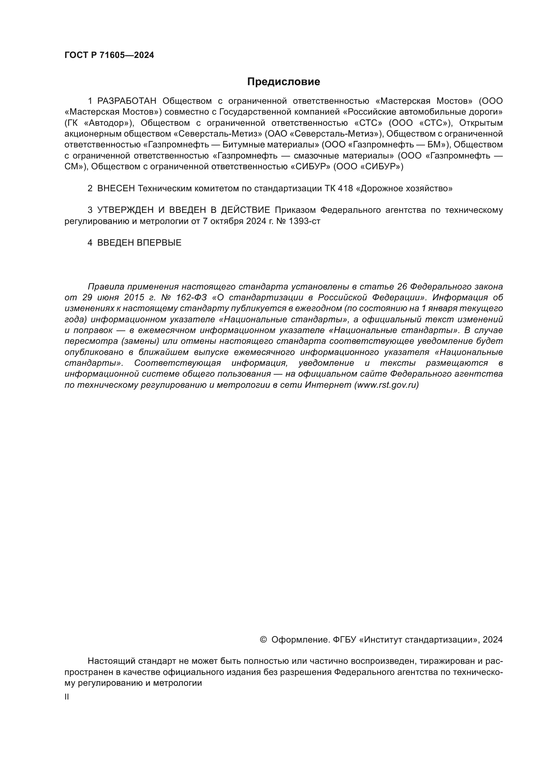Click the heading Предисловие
click(x=283, y=82)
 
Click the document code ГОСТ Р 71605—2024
click(x=109, y=55)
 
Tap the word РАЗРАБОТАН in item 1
click(x=127, y=101)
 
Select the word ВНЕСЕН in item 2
click(x=116, y=189)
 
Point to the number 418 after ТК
click(x=345, y=189)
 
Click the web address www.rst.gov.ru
click(x=386, y=385)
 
